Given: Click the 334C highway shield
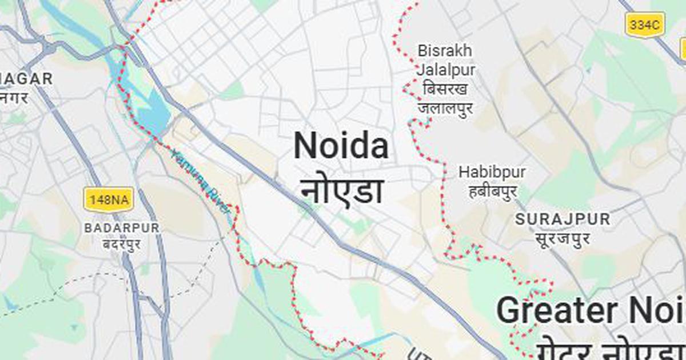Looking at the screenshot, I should tap(645, 25).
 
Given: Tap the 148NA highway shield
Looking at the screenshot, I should tap(109, 199).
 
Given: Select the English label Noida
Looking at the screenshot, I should tap(341, 146).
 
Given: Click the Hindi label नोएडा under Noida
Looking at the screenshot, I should tap(342, 191).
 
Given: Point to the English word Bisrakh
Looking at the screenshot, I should tap(445, 51).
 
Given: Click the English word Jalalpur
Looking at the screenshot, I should tap(445, 70).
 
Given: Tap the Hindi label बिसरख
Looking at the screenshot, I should tap(445, 89).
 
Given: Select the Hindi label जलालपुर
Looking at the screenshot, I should tap(445, 108).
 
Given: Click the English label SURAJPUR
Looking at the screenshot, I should tap(563, 219).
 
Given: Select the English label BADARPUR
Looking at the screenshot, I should tap(122, 227).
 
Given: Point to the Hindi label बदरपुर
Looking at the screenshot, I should tap(122, 245).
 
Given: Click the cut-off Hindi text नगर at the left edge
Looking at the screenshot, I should tap(14, 98).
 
